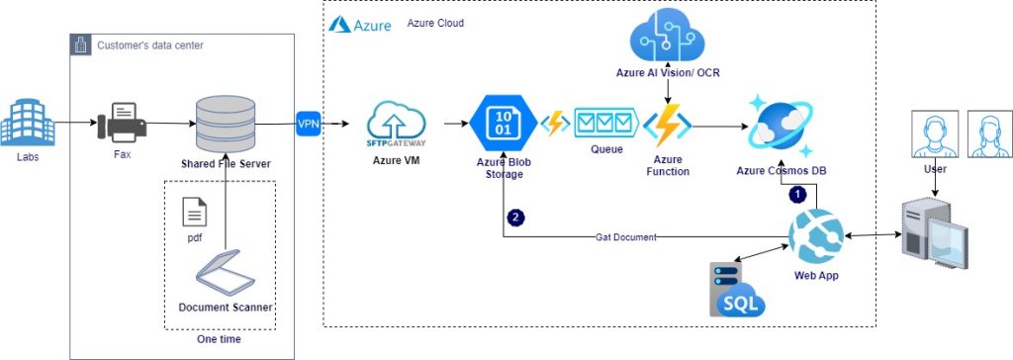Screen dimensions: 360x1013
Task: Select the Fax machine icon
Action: [123, 125]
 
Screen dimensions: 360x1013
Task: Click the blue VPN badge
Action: [308, 124]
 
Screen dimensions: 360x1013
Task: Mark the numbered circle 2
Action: [514, 216]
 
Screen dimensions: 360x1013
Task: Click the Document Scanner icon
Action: [226, 268]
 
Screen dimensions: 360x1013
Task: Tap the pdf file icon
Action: [195, 212]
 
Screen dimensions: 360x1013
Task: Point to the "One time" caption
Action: [219, 339]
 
